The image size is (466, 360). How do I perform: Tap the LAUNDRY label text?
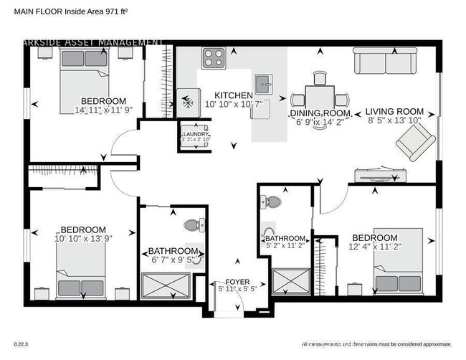[195, 134]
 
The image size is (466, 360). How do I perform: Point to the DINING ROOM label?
[320, 114]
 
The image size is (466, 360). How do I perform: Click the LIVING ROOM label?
[394, 112]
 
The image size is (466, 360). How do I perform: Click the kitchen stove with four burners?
[213, 57]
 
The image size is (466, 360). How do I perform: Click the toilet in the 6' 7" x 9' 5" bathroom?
[192, 224]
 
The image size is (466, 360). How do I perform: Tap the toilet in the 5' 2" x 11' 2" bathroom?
[272, 204]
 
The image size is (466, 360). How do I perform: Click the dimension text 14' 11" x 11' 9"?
[104, 110]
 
